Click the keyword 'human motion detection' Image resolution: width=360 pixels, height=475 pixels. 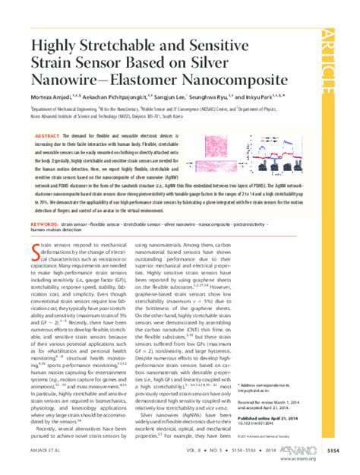[x=57, y=231]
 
